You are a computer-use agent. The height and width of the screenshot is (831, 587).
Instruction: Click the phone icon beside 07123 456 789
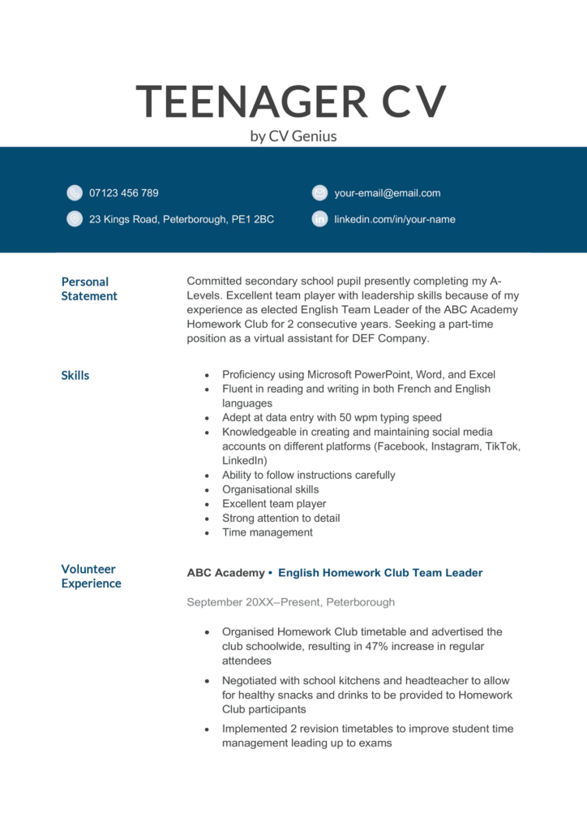75,193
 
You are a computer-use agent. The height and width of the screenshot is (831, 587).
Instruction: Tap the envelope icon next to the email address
319,193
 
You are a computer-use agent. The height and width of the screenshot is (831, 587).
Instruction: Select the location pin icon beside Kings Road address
75,219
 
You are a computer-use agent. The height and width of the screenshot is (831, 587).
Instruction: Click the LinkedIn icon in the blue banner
319,219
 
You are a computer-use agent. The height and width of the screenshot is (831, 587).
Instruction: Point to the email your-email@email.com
387,193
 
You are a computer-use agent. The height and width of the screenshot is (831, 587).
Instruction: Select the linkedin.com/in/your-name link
394,219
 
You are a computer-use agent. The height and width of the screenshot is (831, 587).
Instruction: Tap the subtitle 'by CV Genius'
293,136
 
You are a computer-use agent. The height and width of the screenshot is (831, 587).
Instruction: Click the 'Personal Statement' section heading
89,289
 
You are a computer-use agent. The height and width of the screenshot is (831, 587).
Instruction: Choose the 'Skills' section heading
75,375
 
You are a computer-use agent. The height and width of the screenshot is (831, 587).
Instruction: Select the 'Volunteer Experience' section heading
91,576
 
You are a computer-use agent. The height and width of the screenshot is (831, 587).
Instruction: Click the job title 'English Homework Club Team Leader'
379,573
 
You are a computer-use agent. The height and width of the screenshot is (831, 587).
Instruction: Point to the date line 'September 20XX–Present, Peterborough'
290,602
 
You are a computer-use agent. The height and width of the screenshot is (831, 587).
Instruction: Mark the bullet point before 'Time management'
208,533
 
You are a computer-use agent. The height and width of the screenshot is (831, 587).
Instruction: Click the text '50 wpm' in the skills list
331,418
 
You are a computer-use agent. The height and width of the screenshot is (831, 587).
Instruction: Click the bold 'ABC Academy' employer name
225,573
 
